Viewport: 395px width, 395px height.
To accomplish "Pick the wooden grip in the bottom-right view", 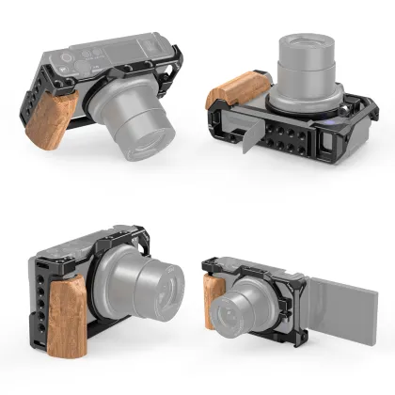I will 213,299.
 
